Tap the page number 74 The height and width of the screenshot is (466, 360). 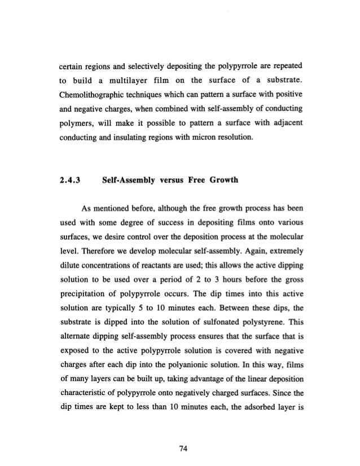point(179,433)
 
